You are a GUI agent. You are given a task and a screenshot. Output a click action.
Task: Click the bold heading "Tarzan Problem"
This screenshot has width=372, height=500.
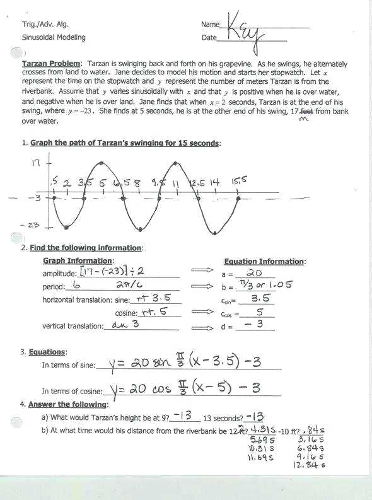coord(52,64)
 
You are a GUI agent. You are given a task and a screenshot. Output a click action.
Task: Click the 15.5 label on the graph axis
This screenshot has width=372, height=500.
coord(239,181)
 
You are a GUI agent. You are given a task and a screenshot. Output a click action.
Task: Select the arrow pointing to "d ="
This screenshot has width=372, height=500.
coord(202,327)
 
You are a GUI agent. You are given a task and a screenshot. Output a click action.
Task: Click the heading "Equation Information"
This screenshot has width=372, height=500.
coord(264,261)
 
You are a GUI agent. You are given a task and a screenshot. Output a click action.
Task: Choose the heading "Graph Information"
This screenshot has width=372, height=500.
coord(78,260)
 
